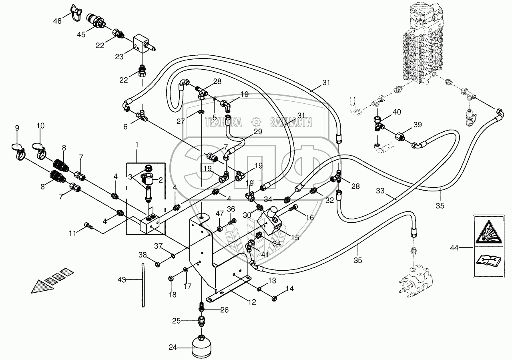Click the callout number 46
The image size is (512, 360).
[x=58, y=21]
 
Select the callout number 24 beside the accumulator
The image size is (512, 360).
[x=173, y=348]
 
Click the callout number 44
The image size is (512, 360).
[x=454, y=248]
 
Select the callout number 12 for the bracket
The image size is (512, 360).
[x=251, y=302]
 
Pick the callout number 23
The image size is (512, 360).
[x=119, y=56]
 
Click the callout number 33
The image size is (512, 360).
[x=381, y=191]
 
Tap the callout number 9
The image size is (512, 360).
[x=17, y=128]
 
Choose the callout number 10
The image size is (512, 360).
[x=40, y=126]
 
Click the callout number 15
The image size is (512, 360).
[x=295, y=237]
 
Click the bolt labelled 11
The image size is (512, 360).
[x=89, y=227]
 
